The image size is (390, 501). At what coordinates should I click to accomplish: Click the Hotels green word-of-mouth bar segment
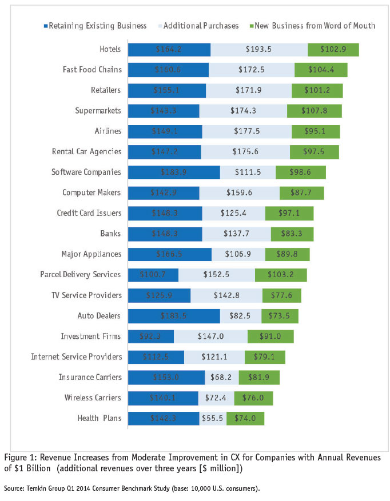coord(333,50)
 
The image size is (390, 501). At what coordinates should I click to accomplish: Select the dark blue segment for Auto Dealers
coord(174,316)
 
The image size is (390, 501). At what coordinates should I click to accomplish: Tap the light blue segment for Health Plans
coord(213,418)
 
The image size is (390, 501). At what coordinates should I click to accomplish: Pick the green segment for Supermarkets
coord(314,111)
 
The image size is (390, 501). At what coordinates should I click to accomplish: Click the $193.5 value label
coord(258,50)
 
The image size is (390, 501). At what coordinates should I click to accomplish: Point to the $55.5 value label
coord(213,418)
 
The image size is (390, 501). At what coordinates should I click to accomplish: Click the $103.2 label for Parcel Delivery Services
coord(280,275)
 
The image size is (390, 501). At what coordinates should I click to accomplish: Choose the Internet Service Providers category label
coord(76,357)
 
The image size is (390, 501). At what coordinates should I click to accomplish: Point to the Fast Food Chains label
coord(91,70)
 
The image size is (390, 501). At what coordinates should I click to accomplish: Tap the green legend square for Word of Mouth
coord(253,26)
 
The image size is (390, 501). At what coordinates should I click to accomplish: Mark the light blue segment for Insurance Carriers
coord(222,378)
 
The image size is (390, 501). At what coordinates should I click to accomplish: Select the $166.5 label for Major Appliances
coord(169,254)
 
